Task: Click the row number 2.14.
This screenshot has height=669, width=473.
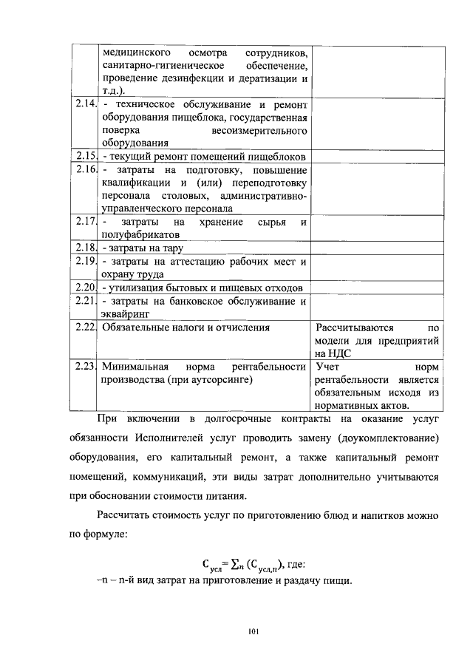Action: [86, 104]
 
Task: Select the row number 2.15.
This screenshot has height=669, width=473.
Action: [86, 156]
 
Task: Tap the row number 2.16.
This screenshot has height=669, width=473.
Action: [86, 169]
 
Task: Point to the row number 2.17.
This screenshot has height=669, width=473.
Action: [86, 221]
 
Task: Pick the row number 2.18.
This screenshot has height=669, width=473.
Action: [86, 248]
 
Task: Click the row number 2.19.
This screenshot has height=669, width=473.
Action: [86, 261]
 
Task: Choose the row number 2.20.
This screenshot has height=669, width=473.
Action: [86, 287]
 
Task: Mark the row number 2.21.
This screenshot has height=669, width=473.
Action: [86, 300]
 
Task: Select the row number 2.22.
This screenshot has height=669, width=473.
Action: [86, 327]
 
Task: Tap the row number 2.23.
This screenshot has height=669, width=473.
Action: [86, 366]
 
